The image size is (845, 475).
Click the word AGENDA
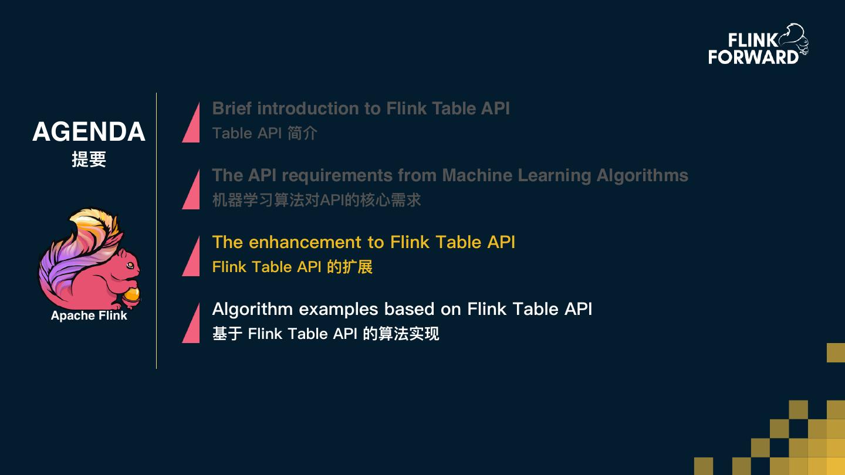89,132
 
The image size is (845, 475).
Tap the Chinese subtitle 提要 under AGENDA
89,160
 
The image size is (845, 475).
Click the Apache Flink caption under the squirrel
89,315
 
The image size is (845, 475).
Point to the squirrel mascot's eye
129,262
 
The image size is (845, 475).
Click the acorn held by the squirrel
131,294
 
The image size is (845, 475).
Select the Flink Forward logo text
753,49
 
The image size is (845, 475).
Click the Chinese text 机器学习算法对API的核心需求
316,200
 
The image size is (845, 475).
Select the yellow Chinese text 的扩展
350,267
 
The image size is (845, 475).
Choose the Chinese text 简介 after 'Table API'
302,133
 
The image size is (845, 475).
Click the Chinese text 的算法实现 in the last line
401,334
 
